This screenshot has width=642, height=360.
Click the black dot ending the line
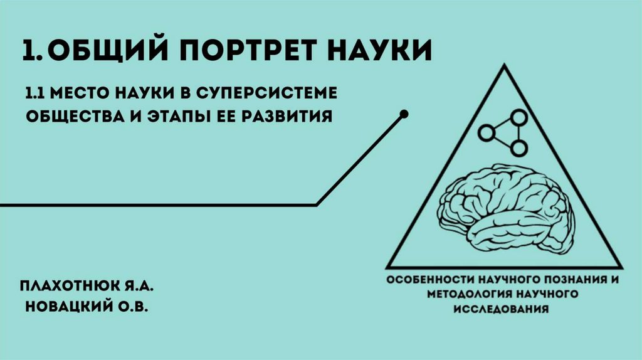point(404,114)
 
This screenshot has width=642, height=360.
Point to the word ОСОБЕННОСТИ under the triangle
point(425,279)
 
